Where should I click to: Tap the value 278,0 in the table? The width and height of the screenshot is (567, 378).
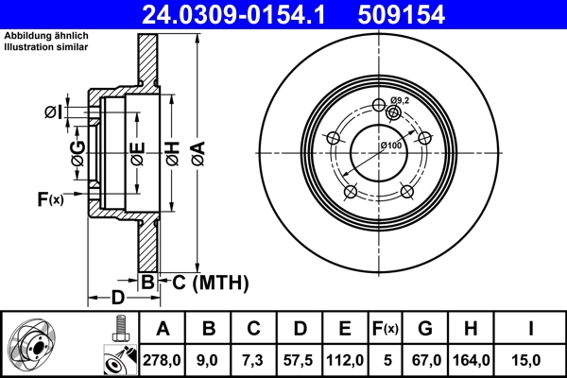(162, 359)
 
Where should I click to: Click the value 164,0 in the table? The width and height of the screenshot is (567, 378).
(471, 359)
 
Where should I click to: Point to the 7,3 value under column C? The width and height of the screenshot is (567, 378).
(253, 359)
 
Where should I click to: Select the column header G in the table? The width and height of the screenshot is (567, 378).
(425, 328)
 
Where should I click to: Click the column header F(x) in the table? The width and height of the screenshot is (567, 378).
(384, 328)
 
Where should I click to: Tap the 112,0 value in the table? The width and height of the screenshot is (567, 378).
(345, 359)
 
